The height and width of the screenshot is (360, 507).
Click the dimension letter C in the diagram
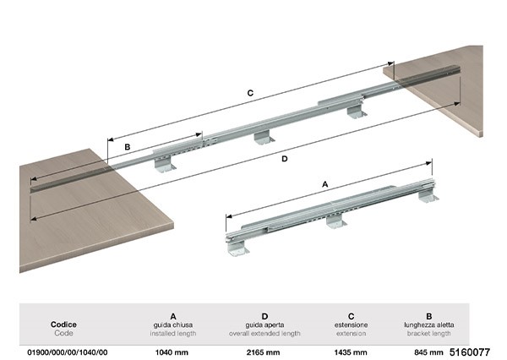coord(251,96)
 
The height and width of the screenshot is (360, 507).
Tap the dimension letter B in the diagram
coord(128,147)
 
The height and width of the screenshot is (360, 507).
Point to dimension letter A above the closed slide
coord(325,183)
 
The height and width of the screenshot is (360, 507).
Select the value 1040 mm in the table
coord(172,351)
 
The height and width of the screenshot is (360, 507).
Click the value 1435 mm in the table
coord(350,351)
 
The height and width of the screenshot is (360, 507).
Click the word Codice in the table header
coord(64,324)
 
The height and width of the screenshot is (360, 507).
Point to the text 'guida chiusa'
coord(172,324)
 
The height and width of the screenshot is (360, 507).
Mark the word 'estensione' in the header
coord(350,324)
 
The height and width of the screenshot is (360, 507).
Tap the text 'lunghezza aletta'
coord(428,324)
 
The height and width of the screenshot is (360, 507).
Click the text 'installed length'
coord(172,333)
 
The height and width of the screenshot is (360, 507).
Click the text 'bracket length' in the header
coord(428,333)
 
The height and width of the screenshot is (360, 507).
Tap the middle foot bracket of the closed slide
coord(336,221)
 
